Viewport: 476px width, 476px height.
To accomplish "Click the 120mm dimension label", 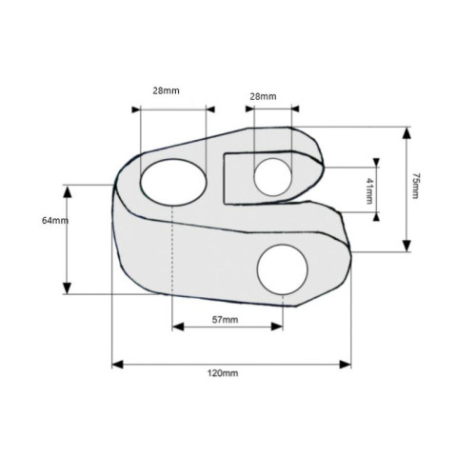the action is click(223, 373).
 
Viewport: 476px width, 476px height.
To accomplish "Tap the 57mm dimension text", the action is click(225, 320).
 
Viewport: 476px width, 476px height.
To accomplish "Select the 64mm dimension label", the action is click(55, 220).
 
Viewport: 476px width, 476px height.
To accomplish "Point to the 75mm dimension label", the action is click(415, 186).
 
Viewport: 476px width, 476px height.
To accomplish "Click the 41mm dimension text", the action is click(369, 190).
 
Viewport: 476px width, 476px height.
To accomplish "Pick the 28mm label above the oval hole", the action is click(166, 90).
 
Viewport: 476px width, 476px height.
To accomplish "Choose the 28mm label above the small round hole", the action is click(263, 96).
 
